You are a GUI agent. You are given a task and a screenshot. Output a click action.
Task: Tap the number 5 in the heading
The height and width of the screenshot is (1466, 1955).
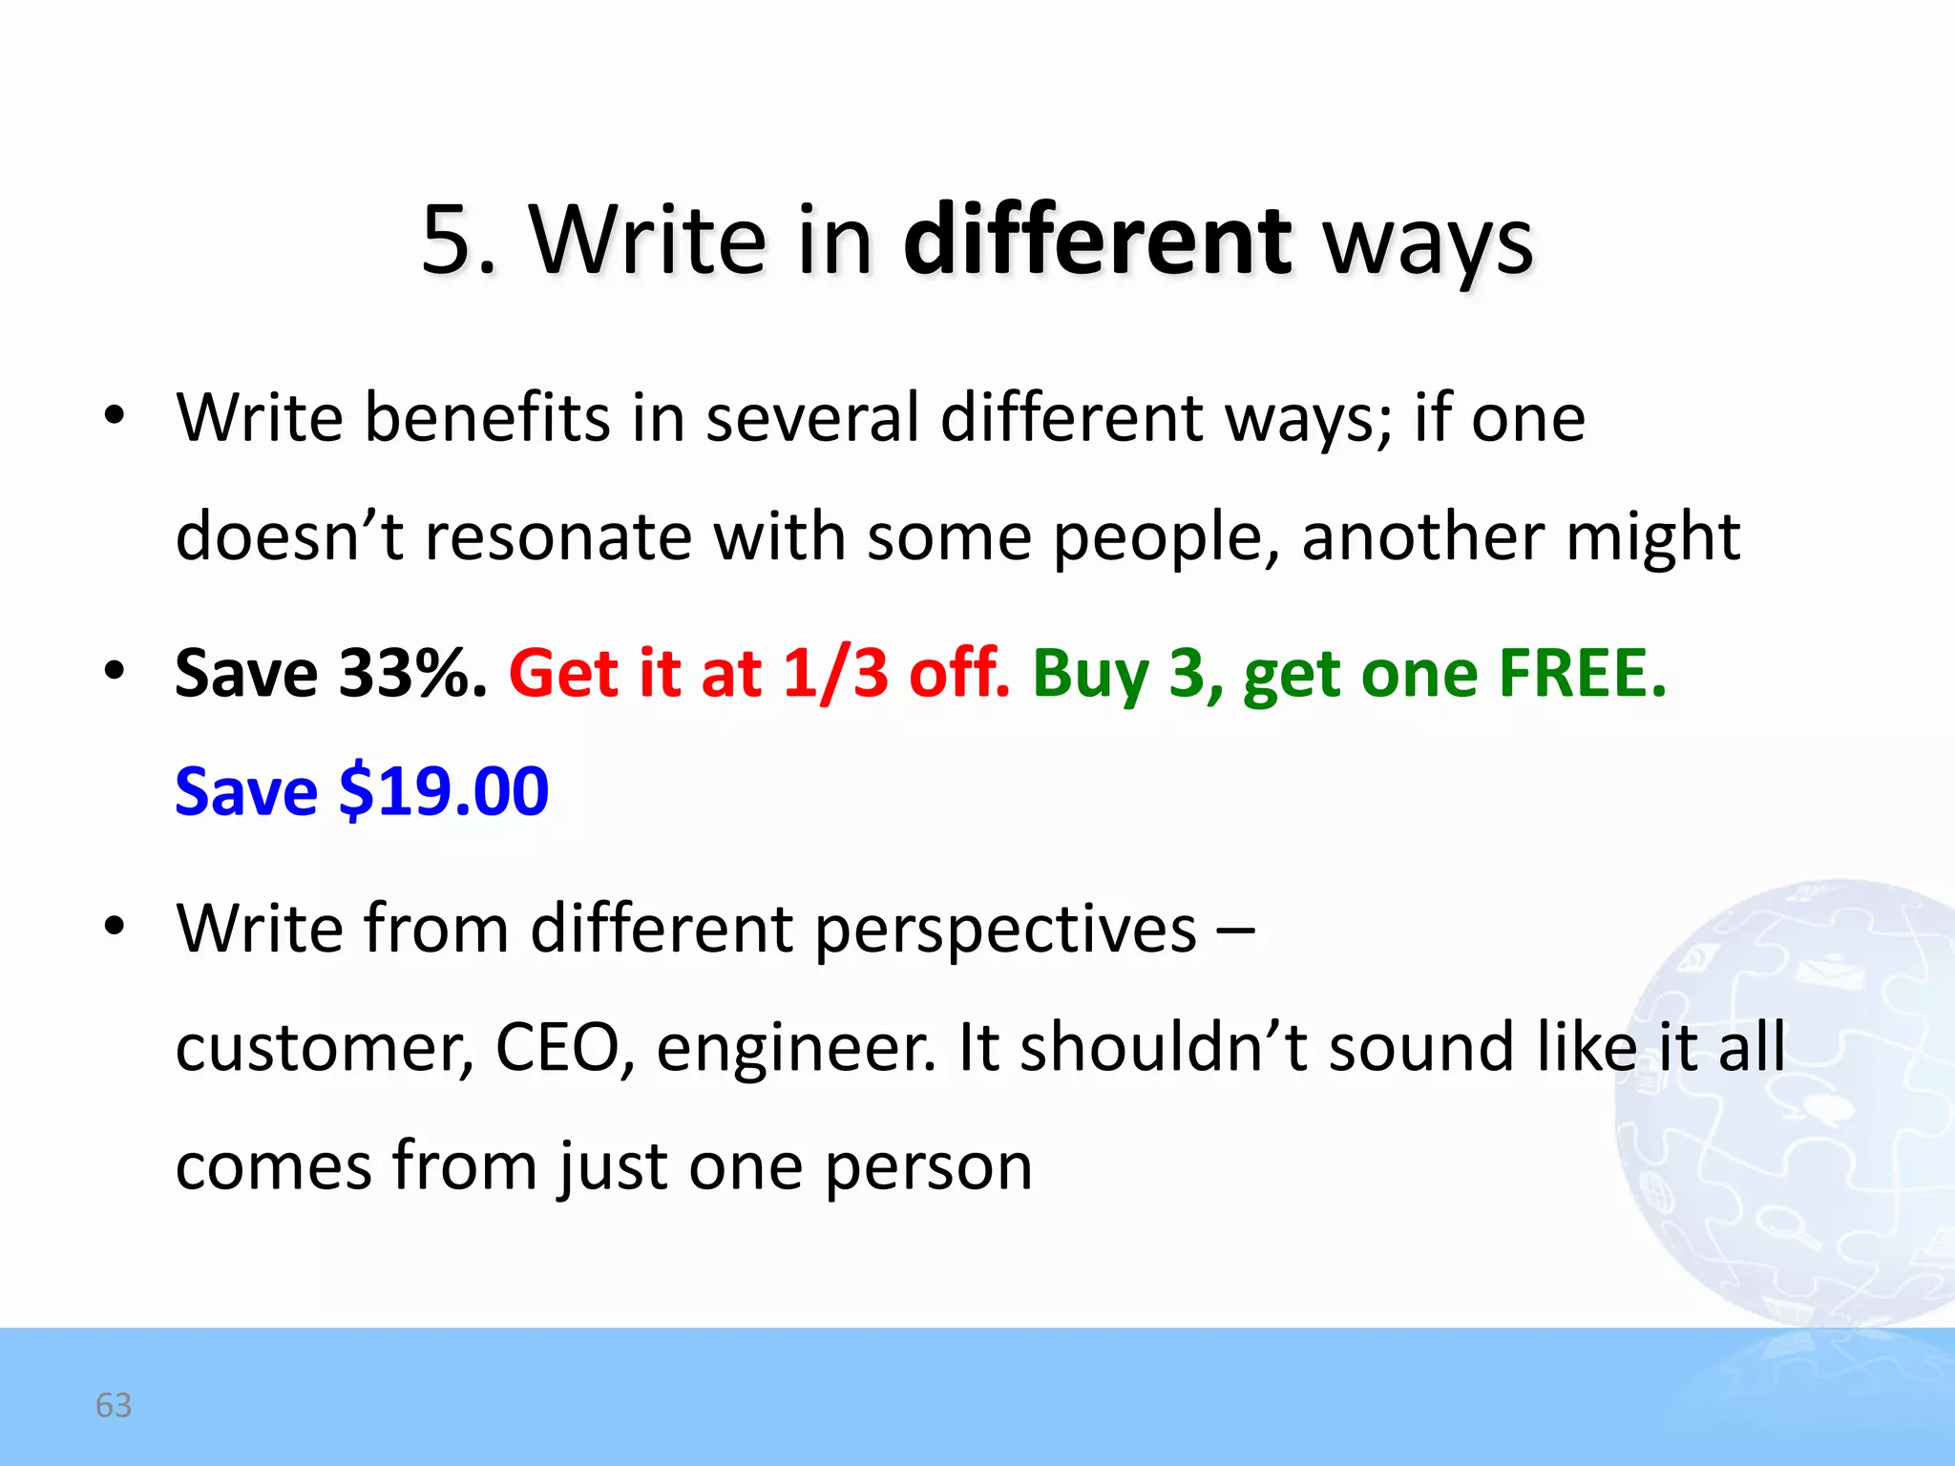click(x=449, y=241)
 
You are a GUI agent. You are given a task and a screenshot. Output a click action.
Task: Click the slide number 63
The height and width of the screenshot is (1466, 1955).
click(x=114, y=1405)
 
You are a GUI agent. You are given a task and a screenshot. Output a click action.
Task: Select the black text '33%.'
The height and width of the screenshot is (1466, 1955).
click(x=413, y=673)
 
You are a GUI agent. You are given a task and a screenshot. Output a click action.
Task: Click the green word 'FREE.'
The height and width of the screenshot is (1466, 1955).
click(x=1582, y=673)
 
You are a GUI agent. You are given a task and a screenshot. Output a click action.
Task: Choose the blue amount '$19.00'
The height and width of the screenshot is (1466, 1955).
click(x=444, y=791)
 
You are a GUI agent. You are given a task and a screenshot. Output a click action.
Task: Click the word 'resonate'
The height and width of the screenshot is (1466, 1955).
click(x=558, y=536)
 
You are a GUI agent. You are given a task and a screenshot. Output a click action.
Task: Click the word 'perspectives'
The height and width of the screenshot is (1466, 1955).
click(x=1006, y=930)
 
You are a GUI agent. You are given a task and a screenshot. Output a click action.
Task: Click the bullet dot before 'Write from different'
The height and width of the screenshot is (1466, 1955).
click(x=115, y=926)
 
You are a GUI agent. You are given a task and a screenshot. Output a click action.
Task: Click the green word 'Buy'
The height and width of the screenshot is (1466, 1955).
click(x=1090, y=675)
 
